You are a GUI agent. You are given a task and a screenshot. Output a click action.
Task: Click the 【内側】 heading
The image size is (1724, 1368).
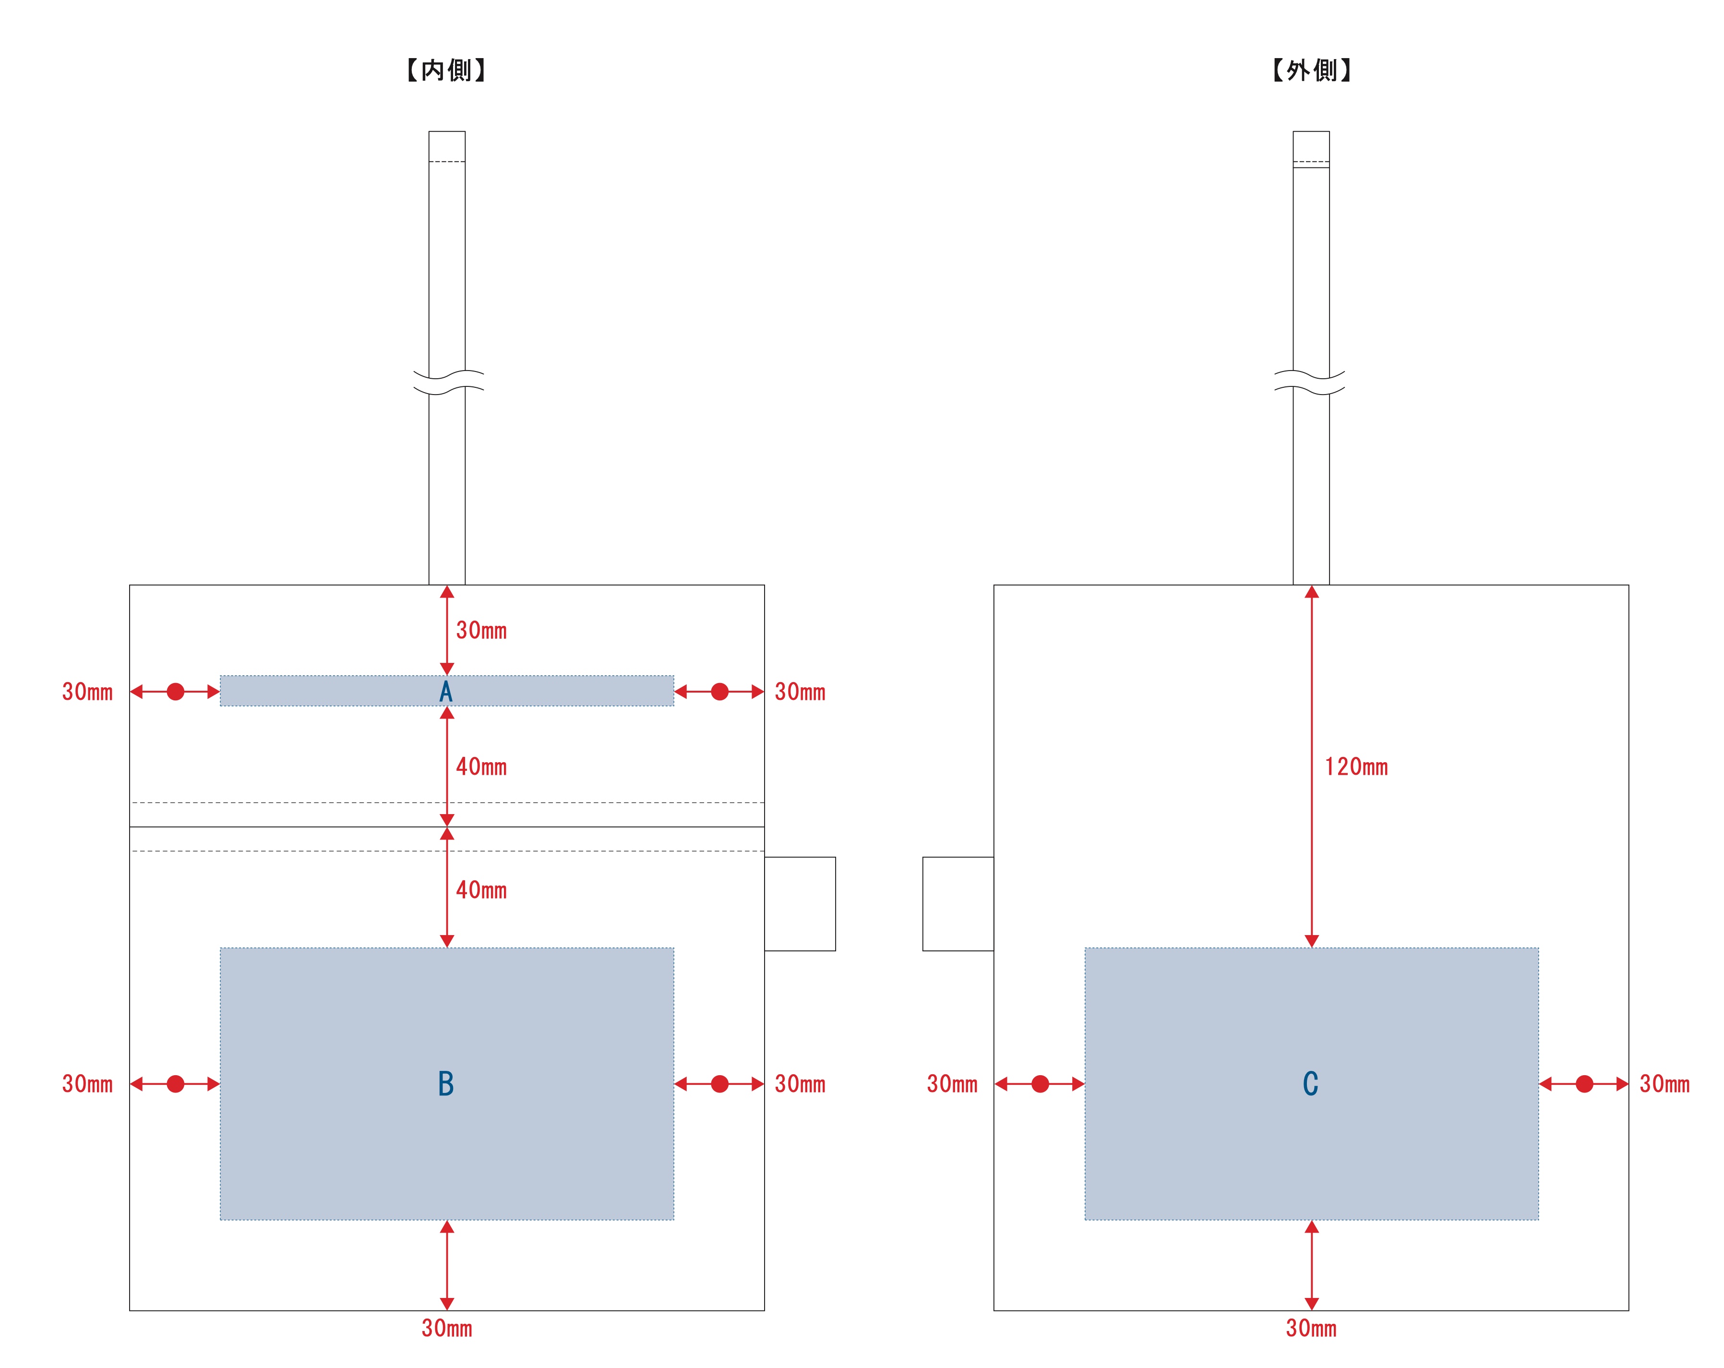446,71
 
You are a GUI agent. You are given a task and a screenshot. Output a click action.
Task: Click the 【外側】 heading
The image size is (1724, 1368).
1311,71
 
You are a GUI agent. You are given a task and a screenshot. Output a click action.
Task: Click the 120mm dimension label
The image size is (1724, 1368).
1356,767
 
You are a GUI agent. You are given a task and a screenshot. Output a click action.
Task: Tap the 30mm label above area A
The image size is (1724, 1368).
481,631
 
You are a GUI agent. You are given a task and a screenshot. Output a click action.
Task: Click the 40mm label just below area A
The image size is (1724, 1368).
481,767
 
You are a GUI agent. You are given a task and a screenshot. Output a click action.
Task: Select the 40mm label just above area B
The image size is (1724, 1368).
481,890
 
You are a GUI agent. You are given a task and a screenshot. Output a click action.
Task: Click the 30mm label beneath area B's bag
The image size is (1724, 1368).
447,1328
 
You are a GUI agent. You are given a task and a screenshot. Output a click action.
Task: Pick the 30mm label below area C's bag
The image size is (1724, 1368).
1311,1328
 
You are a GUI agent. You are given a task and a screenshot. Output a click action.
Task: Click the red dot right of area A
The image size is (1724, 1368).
719,692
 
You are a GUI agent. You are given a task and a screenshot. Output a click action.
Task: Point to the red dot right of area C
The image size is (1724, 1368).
1584,1084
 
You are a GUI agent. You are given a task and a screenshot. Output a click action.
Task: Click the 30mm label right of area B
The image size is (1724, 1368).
800,1084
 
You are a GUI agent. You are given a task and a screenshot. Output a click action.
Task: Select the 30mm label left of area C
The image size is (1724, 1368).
952,1084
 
